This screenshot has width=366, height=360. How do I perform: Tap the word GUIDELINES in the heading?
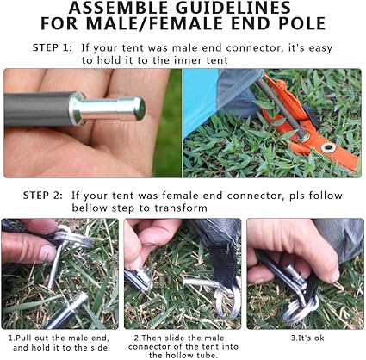pos(233,8)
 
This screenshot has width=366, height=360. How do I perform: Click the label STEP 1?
pos(52,47)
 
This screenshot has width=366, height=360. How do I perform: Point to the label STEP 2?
pos(42,196)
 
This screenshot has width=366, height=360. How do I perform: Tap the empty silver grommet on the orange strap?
pos(329,147)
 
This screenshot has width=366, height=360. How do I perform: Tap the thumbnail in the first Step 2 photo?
pos(47,253)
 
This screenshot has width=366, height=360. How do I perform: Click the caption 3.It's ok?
pos(307,338)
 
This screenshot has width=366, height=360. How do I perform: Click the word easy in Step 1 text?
pos(320,48)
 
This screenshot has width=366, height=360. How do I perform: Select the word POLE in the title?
pos(302,23)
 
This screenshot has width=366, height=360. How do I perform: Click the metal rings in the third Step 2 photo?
pos(300,308)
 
